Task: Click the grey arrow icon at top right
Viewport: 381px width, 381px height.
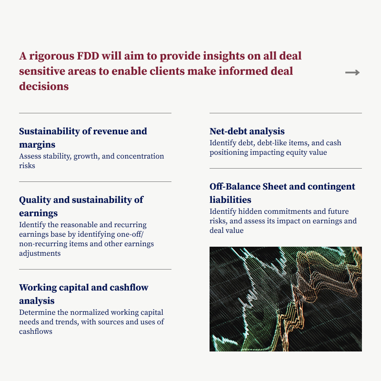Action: coord(352,72)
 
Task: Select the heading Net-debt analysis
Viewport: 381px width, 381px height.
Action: coord(247,131)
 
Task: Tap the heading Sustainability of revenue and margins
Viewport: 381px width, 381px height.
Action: coord(83,138)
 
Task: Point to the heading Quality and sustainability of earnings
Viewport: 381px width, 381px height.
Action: coord(81,206)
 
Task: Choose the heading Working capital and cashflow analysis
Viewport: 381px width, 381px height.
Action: coord(83,294)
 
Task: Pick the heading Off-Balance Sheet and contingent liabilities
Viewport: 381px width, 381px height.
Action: coord(282,193)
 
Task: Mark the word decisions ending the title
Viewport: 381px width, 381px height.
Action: coord(44,87)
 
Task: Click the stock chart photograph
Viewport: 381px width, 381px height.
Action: coord(285,299)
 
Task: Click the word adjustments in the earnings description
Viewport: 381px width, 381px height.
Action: coord(40,253)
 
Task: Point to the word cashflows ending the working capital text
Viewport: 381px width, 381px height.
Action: coord(36,331)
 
